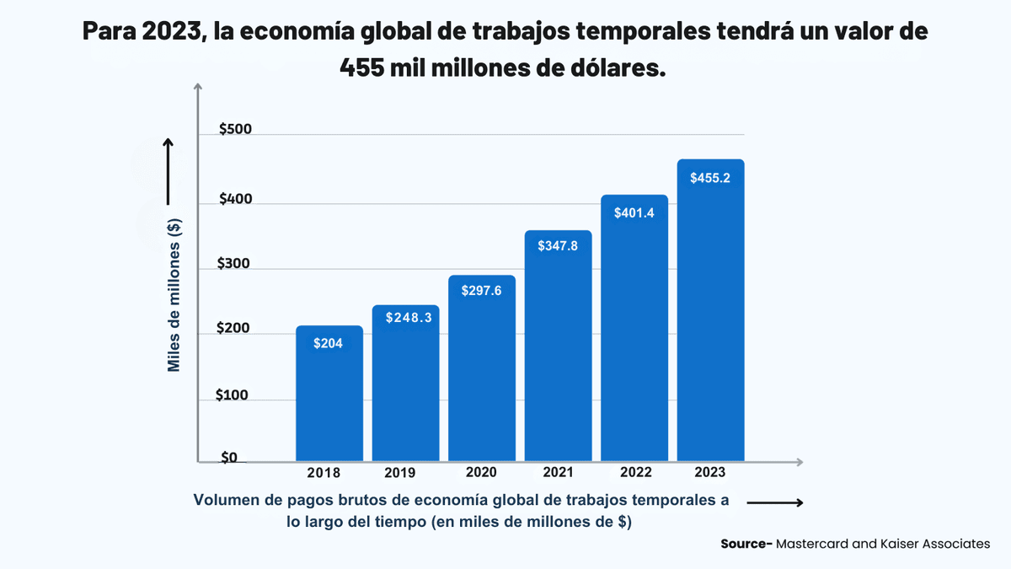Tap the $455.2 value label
coord(710,179)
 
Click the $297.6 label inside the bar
coord(482,291)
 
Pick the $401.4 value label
coord(634,213)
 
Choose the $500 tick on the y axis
coord(235,130)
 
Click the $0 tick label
coord(229,458)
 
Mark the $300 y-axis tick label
coord(234,264)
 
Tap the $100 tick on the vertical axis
coord(232,395)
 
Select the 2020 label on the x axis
coord(481,473)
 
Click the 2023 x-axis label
coord(710,472)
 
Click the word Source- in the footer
coord(746,545)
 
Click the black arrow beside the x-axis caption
coord(774,503)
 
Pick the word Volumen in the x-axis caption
coord(225,500)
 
